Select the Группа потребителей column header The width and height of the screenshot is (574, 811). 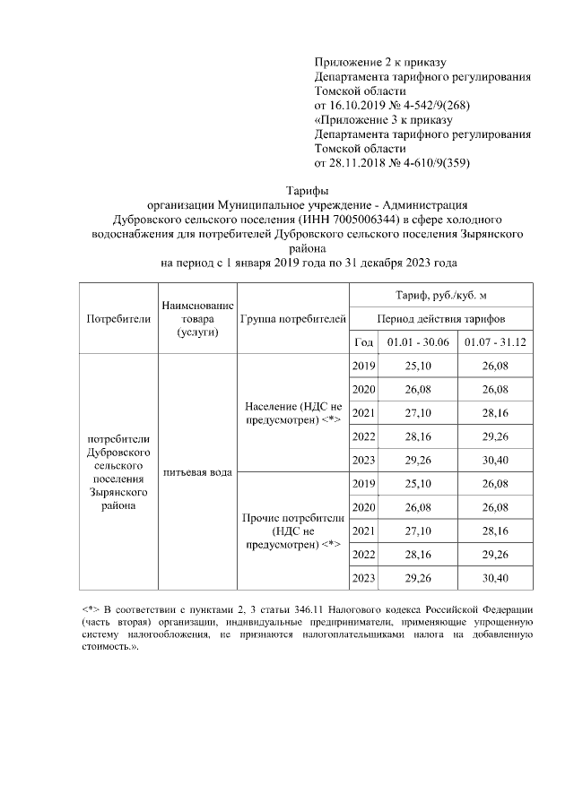point(292,319)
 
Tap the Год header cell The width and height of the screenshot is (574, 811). point(363,343)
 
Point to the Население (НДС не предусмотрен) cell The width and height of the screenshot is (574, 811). point(292,413)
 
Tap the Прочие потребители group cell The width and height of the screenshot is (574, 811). point(292,531)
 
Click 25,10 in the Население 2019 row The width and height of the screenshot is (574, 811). point(417,367)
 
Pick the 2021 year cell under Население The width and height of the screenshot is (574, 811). point(363,413)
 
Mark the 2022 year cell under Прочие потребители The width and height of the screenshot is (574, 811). point(363,555)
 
